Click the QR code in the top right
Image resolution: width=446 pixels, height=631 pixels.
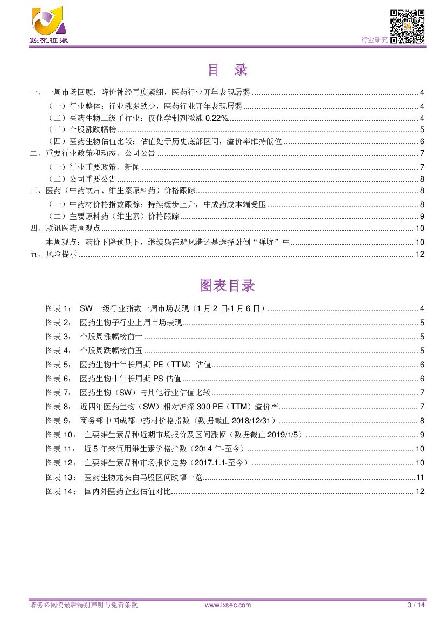[x=407, y=26]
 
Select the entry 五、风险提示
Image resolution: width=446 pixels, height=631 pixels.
[x=53, y=255]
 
